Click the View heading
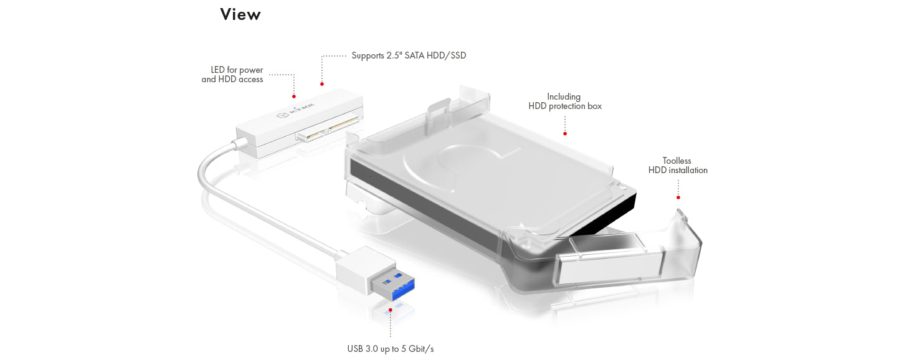click(240, 14)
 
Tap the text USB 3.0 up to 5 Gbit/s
click(390, 349)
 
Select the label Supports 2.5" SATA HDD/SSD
click(409, 55)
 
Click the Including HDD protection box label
click(565, 102)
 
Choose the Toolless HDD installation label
click(678, 166)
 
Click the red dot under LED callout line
click(294, 97)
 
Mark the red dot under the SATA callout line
click(322, 83)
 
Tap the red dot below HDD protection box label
click(565, 133)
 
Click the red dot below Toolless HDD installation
click(678, 197)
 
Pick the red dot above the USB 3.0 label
click(390, 309)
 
